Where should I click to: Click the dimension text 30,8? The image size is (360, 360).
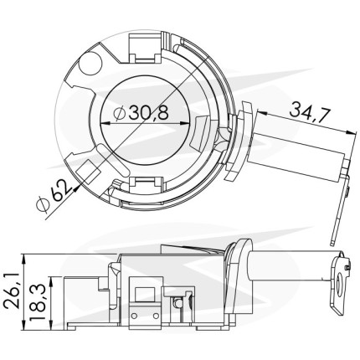pos(148,113)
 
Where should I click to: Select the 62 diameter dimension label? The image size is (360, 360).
pos(59,190)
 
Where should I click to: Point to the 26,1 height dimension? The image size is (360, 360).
pos(12,291)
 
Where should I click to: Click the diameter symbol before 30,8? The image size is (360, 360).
pos(120,113)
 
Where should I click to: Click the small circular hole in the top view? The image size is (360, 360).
pos(90,64)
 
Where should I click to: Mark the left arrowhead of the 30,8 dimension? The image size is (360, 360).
pos(105,123)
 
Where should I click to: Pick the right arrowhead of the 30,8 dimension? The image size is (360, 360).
pos(184,123)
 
